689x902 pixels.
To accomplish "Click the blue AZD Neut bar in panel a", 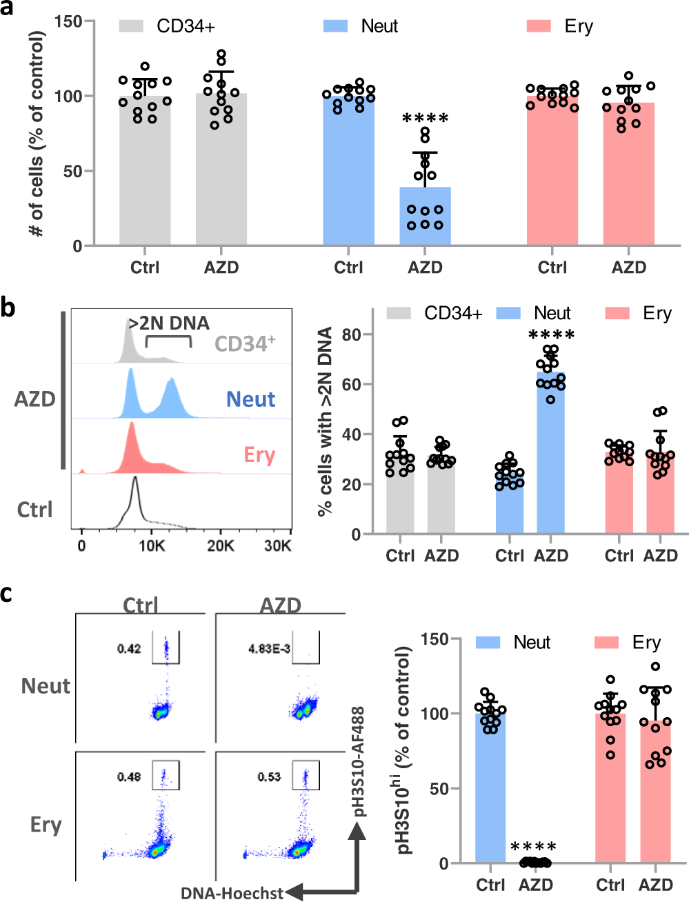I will (x=425, y=217).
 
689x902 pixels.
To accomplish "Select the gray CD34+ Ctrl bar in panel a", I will (x=145, y=172).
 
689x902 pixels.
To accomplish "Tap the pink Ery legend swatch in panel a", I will (x=539, y=26).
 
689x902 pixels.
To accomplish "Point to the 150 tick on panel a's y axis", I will (x=68, y=21).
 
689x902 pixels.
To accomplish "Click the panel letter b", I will (x=8, y=308).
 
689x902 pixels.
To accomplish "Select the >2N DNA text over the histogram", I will (x=168, y=323).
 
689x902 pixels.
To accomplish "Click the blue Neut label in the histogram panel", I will (x=250, y=399).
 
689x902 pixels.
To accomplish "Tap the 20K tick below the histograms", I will (x=221, y=545).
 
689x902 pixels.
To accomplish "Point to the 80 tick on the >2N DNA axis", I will (x=351, y=334).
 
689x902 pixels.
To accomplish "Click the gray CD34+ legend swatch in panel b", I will (x=399, y=314).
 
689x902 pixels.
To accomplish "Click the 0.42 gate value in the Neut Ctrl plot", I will (x=129, y=649).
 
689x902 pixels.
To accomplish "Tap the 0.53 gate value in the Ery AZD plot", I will (x=269, y=776).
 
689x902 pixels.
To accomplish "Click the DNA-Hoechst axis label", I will (x=232, y=893).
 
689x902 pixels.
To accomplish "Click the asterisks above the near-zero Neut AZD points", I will (x=533, y=848).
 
